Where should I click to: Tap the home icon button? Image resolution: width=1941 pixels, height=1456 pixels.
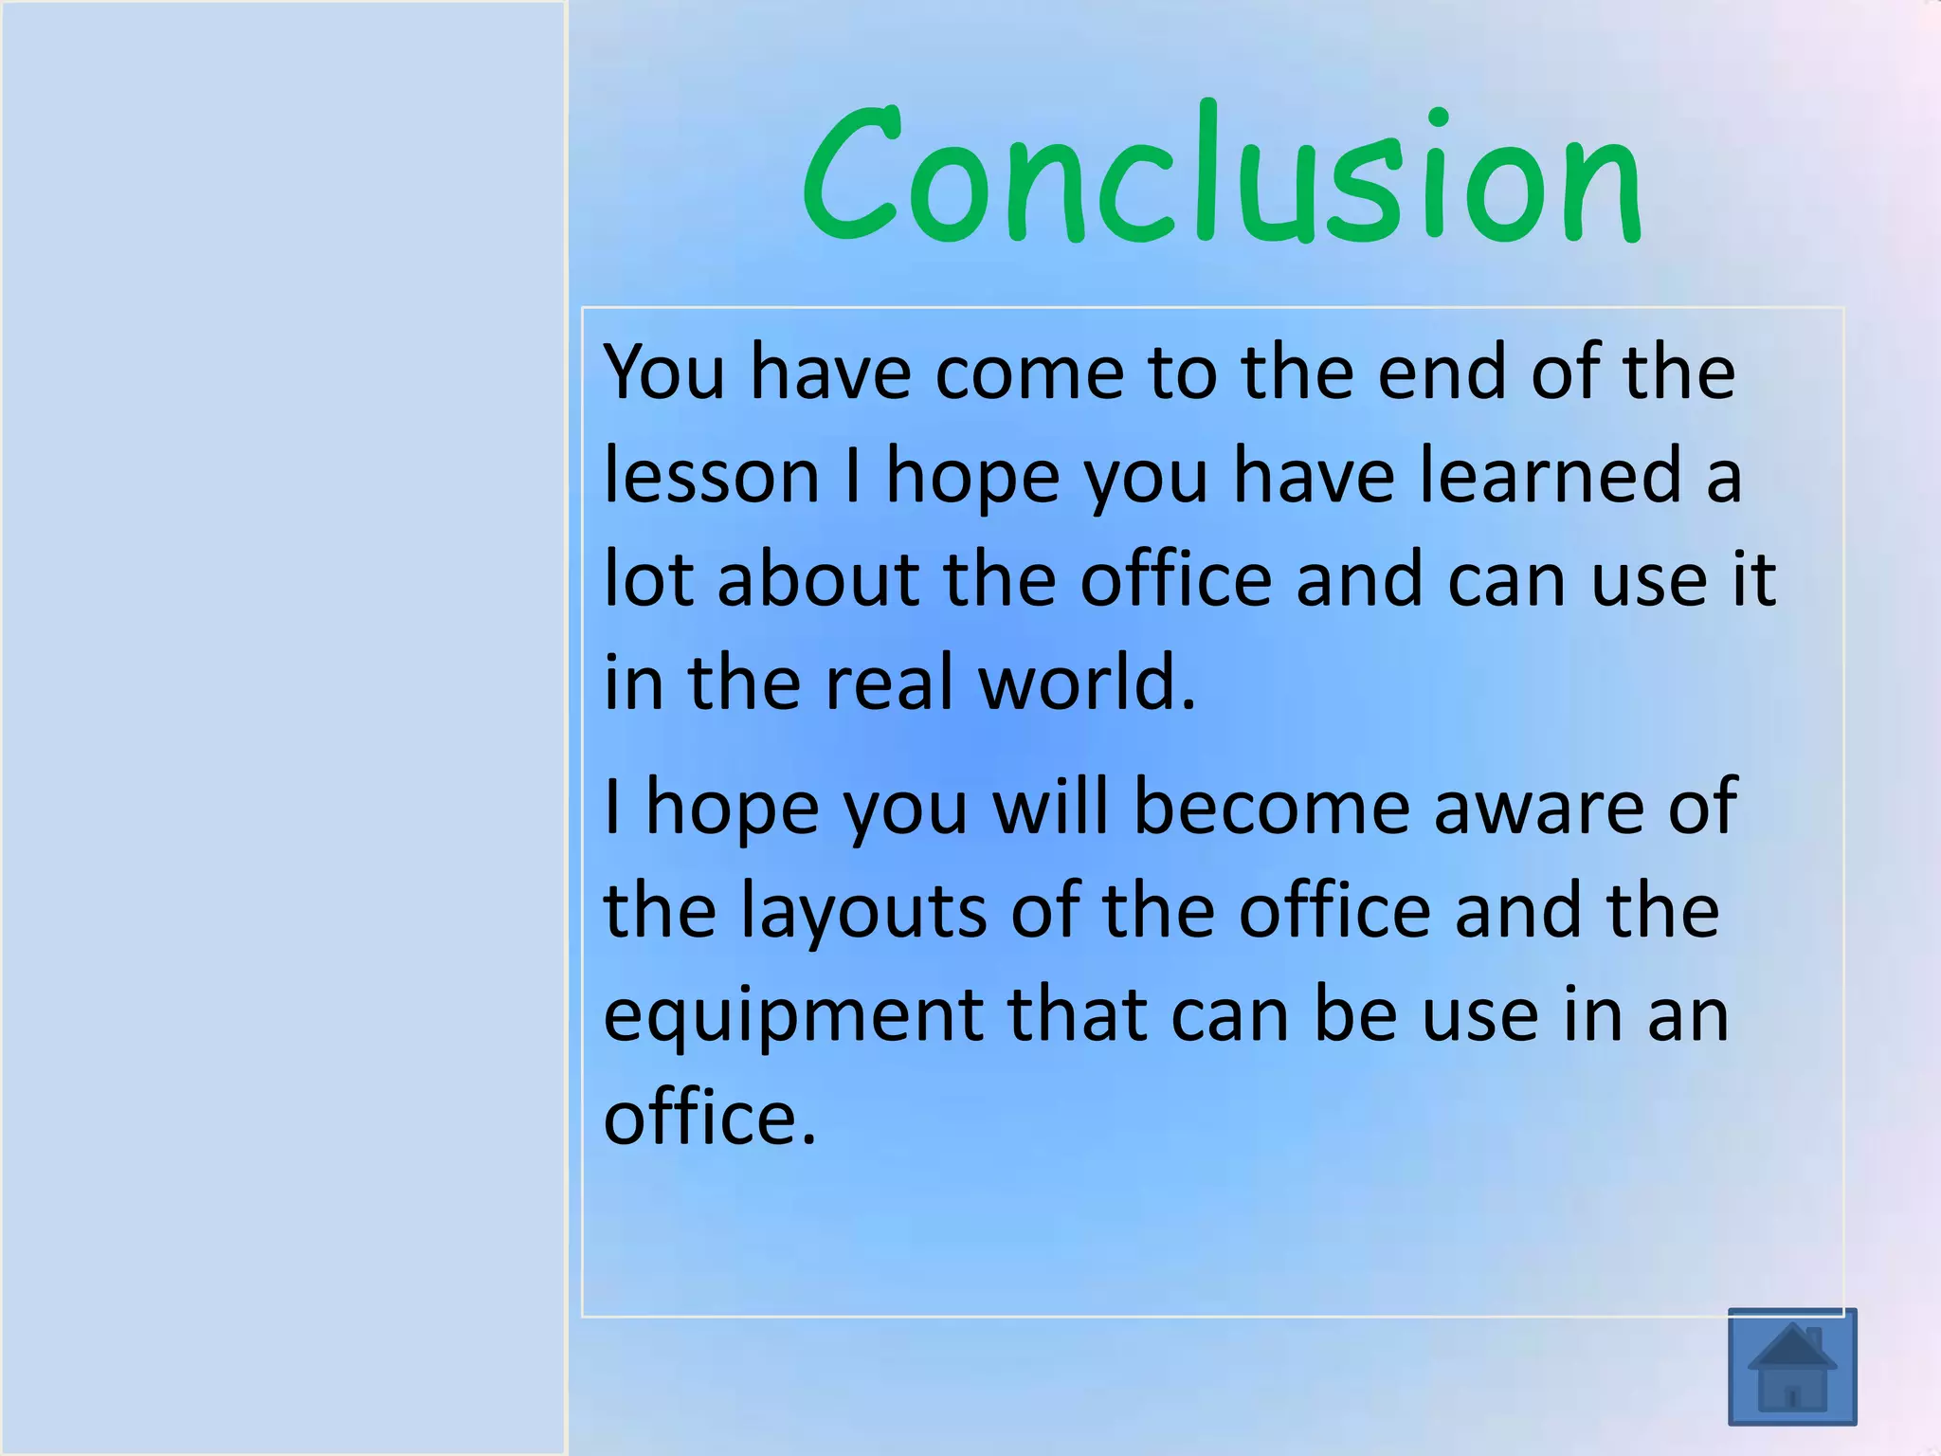pos(1791,1366)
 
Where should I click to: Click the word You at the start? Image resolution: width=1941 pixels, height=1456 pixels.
pos(664,372)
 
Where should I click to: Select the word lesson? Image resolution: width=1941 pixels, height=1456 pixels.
pos(711,475)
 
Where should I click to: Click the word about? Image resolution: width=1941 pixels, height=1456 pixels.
pos(818,579)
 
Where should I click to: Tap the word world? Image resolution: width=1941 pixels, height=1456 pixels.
pos(1086,682)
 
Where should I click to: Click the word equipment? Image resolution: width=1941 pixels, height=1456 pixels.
pos(793,1016)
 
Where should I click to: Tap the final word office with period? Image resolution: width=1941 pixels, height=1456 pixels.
pos(709,1119)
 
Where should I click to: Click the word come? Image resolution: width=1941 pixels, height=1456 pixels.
pos(1029,372)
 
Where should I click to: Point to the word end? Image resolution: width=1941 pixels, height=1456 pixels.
pos(1441,372)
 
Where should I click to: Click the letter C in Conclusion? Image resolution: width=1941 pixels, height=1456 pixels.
pos(848,175)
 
